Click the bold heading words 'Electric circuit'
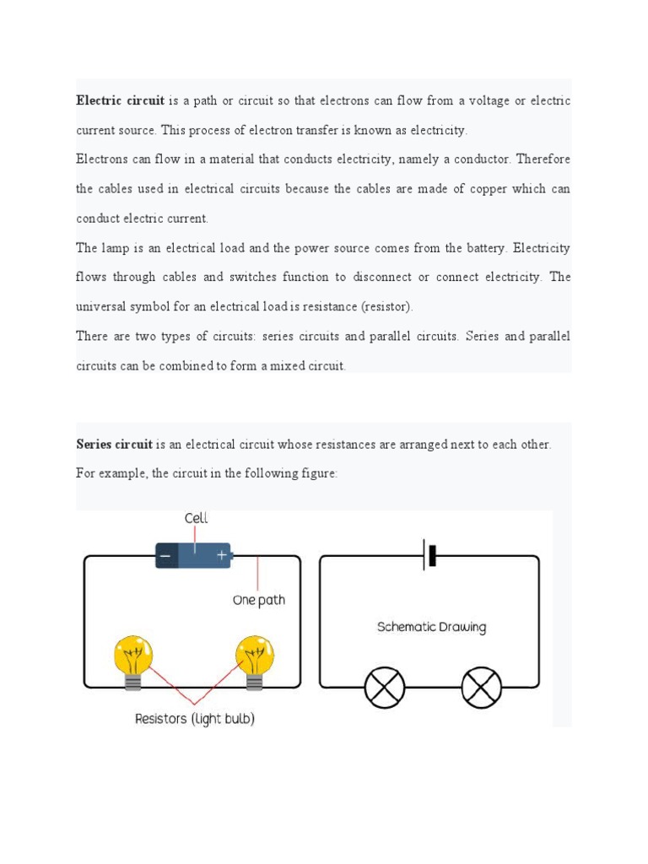120,101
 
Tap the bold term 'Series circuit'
114,445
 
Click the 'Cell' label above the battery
196,518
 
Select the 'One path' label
259,601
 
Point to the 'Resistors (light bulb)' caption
195,719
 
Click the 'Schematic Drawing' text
431,627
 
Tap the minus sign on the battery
167,556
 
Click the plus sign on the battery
221,556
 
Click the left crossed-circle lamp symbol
385,687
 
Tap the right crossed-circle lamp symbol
481,687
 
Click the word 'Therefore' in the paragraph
543,159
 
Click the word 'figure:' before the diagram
317,474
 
